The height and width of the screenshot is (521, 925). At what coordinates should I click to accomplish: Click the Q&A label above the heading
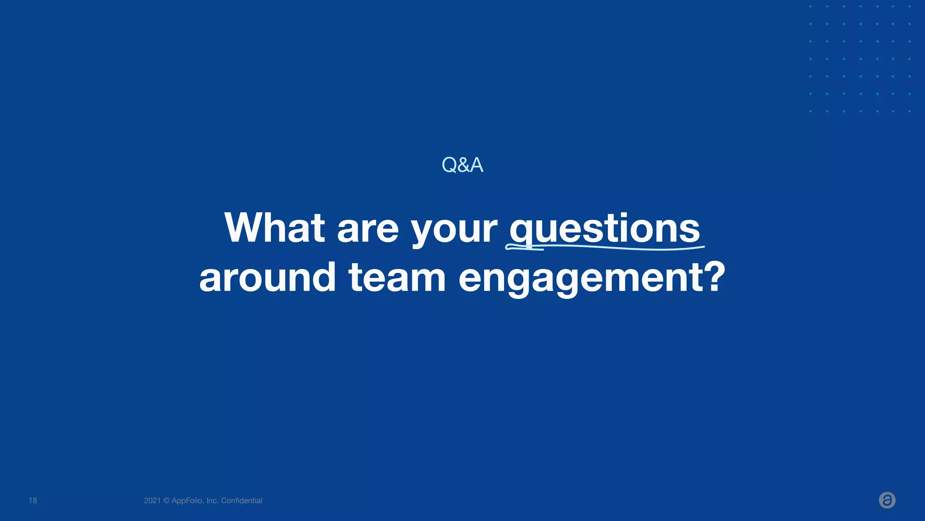[462, 165]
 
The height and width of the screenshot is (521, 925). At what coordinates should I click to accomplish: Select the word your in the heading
[453, 231]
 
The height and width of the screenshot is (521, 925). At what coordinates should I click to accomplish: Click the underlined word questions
[604, 229]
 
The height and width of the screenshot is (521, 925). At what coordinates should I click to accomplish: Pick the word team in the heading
[397, 277]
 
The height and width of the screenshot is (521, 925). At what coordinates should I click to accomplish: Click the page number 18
[33, 501]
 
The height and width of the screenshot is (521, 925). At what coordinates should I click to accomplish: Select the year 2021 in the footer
[152, 501]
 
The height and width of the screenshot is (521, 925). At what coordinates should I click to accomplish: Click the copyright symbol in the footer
[166, 501]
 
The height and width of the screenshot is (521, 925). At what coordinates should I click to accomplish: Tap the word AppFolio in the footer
[187, 501]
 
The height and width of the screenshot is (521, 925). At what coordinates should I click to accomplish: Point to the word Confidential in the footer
[242, 501]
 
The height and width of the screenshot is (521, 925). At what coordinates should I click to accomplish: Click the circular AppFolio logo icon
[887, 500]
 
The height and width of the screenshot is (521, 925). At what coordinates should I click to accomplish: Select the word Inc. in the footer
[212, 501]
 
